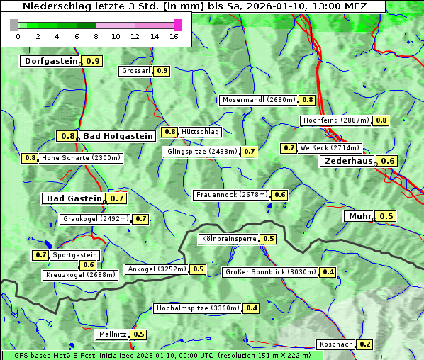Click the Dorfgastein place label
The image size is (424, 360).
tap(50, 61)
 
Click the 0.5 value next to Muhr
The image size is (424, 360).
tap(386, 216)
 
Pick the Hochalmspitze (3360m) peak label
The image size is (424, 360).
tap(198, 308)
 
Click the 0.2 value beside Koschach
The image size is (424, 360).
tap(364, 344)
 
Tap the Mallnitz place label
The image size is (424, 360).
tap(112, 334)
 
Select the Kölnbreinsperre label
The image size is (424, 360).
tap(228, 239)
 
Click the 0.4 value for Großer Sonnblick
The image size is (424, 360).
tap(328, 272)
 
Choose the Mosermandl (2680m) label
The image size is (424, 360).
tap(258, 100)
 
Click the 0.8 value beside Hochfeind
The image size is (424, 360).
tap(381, 120)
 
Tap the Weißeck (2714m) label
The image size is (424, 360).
tap(330, 148)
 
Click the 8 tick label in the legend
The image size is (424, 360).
tap(96, 36)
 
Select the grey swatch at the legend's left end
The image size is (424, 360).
tap(13, 25)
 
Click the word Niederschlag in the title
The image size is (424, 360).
tap(55, 6)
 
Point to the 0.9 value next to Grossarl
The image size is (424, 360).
tap(162, 71)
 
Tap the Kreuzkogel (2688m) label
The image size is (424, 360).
tap(79, 275)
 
